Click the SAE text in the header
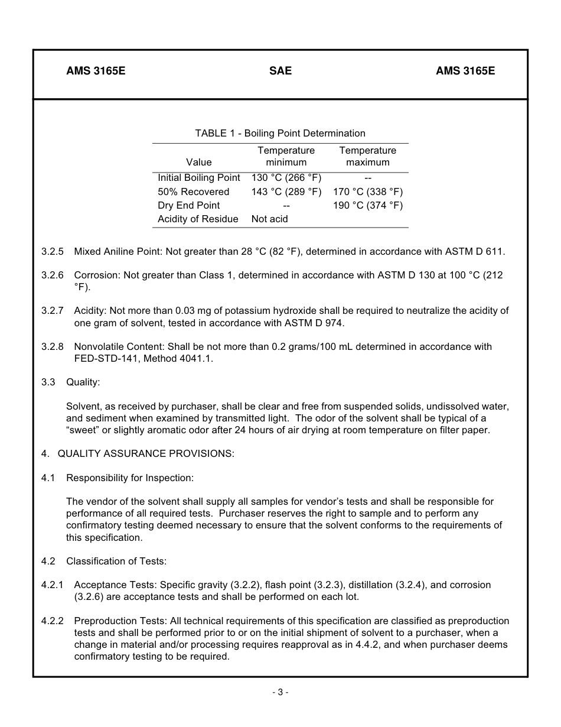[x=280, y=71]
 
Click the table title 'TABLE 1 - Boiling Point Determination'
[x=280, y=133]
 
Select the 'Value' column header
[x=198, y=162]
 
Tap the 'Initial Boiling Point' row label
[x=199, y=178]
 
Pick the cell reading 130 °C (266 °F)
[x=286, y=178]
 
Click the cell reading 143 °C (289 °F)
[x=286, y=192]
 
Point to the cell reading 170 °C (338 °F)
[x=368, y=192]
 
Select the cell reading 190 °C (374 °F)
[x=368, y=205]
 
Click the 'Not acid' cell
[x=270, y=219]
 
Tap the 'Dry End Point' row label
[x=189, y=205]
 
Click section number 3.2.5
[x=53, y=251]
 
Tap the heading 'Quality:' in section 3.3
[x=83, y=382]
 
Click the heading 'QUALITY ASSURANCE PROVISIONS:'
[x=146, y=453]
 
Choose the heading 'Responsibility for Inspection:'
[x=130, y=478]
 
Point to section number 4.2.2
[x=53, y=621]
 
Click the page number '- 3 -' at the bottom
[x=280, y=692]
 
